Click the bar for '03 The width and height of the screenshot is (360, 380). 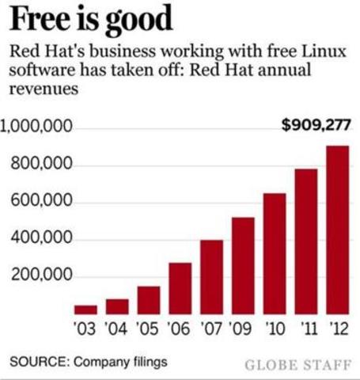pyautogui.click(x=85, y=309)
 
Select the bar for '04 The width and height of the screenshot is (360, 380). pyautogui.click(x=117, y=306)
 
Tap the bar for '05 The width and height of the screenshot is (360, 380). pyautogui.click(x=148, y=299)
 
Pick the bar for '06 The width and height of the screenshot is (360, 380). pyautogui.click(x=180, y=287)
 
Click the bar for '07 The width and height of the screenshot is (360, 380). pyautogui.click(x=211, y=276)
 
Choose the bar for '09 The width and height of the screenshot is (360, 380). pyautogui.click(x=243, y=265)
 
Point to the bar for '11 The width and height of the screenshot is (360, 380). pyautogui.click(x=306, y=241)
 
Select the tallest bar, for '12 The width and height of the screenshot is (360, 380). pyautogui.click(x=337, y=230)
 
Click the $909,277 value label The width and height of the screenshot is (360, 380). pyautogui.click(x=316, y=125)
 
